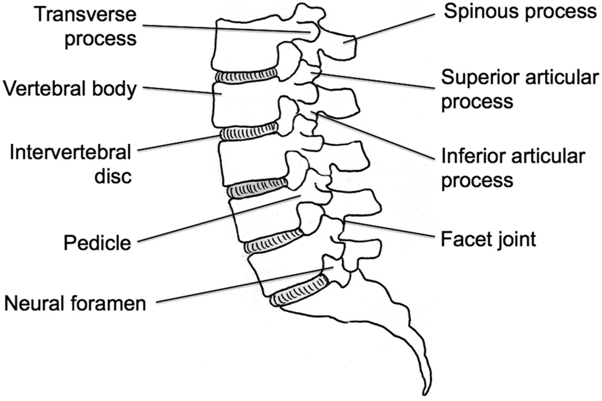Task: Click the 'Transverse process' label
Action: click(86, 27)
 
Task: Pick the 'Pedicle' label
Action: click(97, 243)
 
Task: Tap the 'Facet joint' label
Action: click(488, 239)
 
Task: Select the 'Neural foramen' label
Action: click(75, 304)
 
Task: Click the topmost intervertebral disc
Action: click(246, 75)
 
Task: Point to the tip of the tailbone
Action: click(426, 391)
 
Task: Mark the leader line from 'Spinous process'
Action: click(396, 27)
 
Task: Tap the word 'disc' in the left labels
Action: click(111, 176)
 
